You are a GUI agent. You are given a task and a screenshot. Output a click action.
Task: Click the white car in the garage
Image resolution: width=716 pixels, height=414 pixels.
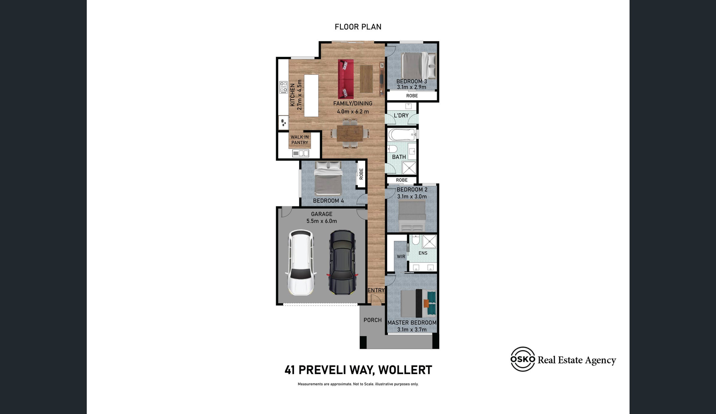(x=300, y=263)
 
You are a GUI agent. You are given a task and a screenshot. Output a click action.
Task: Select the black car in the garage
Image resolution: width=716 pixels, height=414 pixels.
(x=342, y=262)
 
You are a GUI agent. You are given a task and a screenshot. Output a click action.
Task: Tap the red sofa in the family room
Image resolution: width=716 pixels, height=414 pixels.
(x=346, y=79)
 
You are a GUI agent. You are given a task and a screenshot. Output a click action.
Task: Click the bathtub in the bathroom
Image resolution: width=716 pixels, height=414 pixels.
(x=402, y=134)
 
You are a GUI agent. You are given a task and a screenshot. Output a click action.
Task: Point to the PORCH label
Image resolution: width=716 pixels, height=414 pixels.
(x=372, y=320)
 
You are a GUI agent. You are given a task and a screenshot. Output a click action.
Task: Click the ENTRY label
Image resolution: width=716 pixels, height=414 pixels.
(x=376, y=290)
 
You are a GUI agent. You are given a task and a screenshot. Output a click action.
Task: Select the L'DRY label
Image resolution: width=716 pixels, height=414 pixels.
(x=401, y=115)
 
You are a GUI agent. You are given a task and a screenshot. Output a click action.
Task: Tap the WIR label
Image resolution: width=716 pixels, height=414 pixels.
(x=401, y=257)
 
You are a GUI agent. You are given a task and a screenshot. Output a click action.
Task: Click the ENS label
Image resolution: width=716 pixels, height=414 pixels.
(x=423, y=253)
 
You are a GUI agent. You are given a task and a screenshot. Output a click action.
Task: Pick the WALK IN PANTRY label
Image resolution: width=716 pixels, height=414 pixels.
(x=300, y=140)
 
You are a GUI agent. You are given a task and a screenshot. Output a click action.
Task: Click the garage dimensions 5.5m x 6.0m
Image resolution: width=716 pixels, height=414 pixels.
(x=321, y=221)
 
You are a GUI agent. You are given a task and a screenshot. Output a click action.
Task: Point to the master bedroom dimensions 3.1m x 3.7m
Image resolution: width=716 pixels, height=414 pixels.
(x=412, y=329)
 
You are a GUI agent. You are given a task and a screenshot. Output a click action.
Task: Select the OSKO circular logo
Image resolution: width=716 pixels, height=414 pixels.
(x=523, y=359)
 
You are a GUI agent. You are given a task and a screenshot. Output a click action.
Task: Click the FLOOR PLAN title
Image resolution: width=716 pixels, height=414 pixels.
(x=358, y=27)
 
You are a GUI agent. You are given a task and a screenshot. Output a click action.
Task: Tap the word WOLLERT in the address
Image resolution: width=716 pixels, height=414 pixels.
(x=405, y=370)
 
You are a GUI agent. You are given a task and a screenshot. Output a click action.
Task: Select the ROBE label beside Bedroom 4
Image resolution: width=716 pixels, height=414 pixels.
(x=361, y=174)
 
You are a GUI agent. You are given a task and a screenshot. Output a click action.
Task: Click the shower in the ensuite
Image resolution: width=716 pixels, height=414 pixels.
(x=430, y=242)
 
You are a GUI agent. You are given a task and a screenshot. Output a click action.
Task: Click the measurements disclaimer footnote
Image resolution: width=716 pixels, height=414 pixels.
(x=358, y=384)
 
